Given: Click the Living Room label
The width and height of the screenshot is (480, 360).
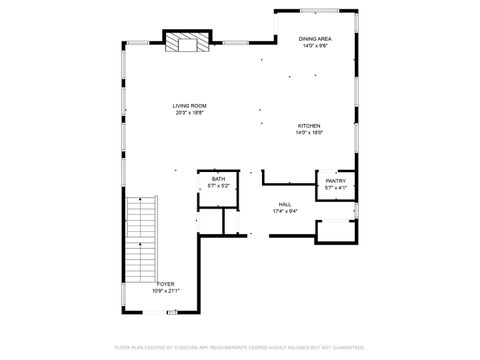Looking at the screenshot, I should point(190,106).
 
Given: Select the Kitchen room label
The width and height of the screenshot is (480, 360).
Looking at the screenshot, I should point(308,126).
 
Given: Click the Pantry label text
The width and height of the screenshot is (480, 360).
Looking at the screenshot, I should point(335,181).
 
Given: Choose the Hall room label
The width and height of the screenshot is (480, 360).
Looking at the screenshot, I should point(285,204).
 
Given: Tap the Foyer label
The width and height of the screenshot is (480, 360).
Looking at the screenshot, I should point(165,284).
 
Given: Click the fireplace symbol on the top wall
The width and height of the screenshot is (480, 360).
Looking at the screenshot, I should point(186,42).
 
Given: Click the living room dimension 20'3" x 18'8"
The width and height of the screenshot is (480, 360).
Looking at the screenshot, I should point(190,113).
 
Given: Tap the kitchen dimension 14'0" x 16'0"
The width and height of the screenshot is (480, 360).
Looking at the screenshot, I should point(308,133).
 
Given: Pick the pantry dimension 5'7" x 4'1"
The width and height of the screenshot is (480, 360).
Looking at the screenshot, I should point(335,188).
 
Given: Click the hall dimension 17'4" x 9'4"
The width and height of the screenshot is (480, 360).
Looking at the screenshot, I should point(285,211).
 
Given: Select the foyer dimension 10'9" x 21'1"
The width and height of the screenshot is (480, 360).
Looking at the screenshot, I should point(165,291).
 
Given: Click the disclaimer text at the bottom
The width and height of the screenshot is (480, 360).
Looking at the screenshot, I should point(240,347).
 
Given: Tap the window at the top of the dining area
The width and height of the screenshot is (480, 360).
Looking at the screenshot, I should point(317,11).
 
